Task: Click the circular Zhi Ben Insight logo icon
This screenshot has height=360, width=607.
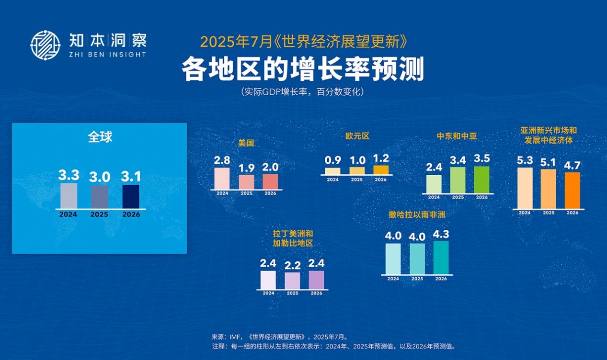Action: [45, 45]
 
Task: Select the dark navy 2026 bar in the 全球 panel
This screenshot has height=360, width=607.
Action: [131, 197]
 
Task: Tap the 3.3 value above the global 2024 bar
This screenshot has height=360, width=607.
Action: [69, 175]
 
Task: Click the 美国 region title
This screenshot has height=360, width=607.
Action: [246, 143]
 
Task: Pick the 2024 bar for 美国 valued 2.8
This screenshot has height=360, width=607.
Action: [222, 179]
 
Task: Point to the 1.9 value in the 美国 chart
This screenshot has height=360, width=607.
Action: [247, 168]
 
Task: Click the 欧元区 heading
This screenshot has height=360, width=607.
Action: [357, 136]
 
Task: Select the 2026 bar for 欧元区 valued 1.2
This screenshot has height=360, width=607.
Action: [381, 170]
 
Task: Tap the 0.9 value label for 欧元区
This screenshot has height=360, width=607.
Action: [333, 160]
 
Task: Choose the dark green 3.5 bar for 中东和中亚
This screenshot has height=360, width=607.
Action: [481, 180]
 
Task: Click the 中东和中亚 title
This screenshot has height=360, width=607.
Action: [457, 136]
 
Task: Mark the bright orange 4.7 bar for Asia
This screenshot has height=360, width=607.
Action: [573, 191]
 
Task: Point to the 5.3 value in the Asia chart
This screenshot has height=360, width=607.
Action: [525, 160]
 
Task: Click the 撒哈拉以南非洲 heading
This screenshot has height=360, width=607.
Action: [417, 214]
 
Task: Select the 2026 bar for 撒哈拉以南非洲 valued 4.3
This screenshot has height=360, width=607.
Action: [441, 258]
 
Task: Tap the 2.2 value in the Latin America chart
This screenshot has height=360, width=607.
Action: [292, 266]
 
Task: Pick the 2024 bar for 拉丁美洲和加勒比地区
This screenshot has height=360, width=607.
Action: [268, 280]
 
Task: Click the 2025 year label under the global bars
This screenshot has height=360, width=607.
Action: [100, 214]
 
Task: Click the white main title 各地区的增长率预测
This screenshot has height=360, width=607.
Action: [303, 69]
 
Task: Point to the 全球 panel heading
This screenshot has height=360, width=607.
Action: [100, 137]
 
